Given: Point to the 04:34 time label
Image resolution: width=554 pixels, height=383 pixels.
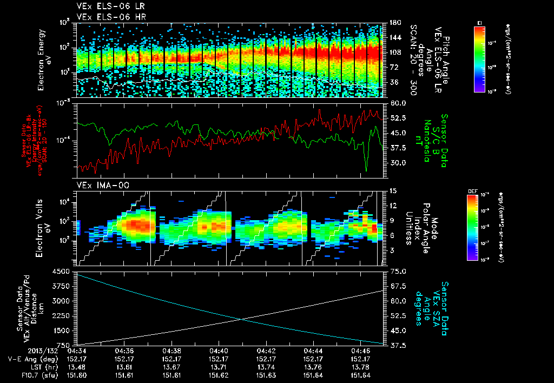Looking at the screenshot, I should pyautogui.click(x=77, y=350).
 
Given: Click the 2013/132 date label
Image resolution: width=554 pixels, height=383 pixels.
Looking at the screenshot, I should pyautogui.click(x=24, y=350).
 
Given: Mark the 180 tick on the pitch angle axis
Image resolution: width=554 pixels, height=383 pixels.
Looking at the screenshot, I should pyautogui.click(x=394, y=22).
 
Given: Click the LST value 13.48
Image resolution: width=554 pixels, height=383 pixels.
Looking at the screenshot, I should pyautogui.click(x=77, y=366).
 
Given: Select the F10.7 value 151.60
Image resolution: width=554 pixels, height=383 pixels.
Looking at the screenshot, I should pyautogui.click(x=77, y=374).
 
